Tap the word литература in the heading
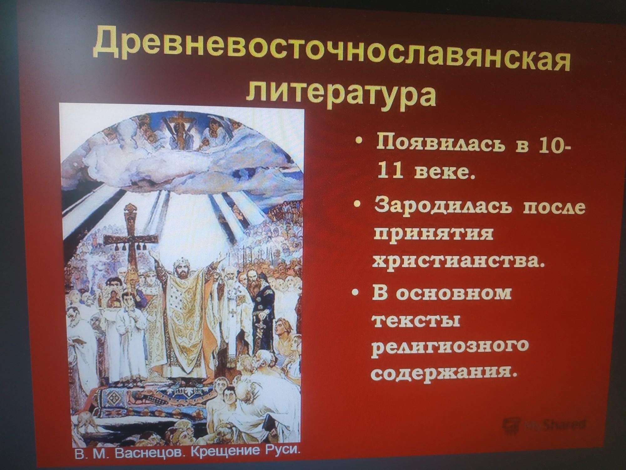click(x=341, y=92)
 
